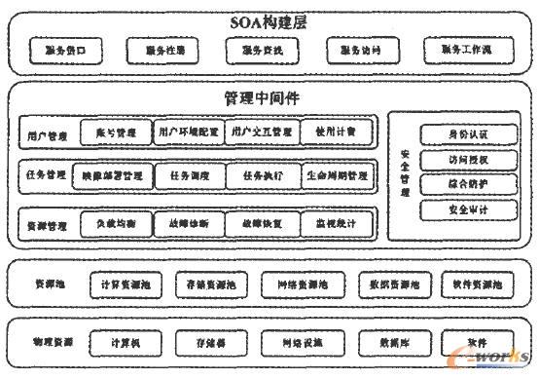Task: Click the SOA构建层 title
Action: tap(268, 22)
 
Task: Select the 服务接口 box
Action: tap(63, 49)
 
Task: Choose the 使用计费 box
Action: tap(336, 131)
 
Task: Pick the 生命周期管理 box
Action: tap(337, 176)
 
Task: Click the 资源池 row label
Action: tap(49, 284)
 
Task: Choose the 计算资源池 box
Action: tap(126, 285)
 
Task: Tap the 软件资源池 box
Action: tap(476, 285)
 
